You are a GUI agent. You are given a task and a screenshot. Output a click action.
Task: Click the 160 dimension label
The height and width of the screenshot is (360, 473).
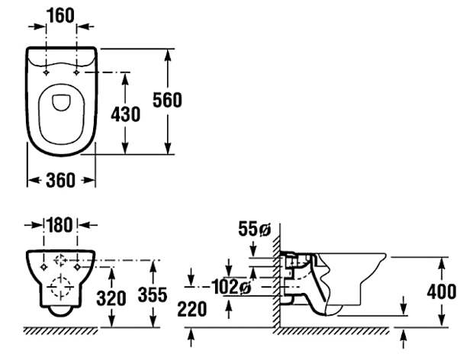click(x=60, y=16)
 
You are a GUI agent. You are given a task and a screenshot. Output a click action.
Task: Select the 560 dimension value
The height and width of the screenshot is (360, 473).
click(x=167, y=100)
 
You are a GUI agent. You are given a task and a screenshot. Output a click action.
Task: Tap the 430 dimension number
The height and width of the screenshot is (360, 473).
click(x=125, y=114)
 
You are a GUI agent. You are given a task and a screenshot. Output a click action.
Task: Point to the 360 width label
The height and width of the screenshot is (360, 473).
click(x=60, y=180)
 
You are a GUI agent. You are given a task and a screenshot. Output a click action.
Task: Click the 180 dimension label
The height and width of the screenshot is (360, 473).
click(x=60, y=225)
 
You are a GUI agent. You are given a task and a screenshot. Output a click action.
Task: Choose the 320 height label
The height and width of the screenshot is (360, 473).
click(x=111, y=298)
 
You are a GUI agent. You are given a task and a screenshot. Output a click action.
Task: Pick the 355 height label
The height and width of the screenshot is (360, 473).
click(x=153, y=294)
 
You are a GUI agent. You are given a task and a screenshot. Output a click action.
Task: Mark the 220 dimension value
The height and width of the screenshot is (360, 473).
click(x=192, y=310)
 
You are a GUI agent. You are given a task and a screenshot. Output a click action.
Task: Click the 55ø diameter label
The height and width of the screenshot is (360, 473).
click(x=254, y=229)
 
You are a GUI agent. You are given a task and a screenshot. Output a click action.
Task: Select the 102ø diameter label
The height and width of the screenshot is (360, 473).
click(x=231, y=287)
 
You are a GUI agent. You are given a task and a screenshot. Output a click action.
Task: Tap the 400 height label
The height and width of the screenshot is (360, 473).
click(x=442, y=291)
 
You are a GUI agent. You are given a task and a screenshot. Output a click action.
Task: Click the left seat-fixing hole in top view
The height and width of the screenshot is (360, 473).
click(x=46, y=72)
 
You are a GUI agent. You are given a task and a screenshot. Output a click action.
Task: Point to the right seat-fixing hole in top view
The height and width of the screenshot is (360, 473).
click(x=76, y=72)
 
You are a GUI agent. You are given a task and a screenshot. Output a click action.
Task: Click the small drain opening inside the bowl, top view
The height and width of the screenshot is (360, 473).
click(x=61, y=103)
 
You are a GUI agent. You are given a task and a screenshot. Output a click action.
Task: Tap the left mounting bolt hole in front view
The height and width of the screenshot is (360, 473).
click(x=43, y=267)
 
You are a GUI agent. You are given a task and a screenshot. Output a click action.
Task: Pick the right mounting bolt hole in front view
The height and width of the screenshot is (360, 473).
click(x=78, y=267)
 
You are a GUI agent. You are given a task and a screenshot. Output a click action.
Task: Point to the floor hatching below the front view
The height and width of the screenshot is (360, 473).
click(x=60, y=331)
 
